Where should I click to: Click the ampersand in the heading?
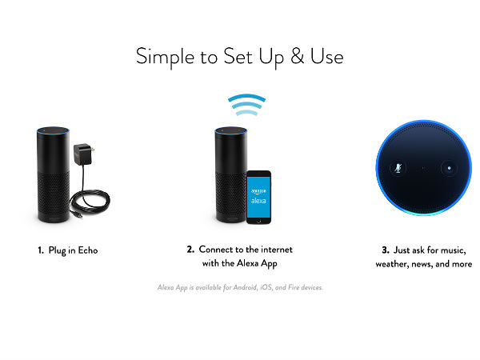point(298,56)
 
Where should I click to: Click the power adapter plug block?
point(83,154)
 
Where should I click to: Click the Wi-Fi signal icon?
point(246,105)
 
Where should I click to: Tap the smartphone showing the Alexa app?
point(258,197)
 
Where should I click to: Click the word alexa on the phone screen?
point(258,201)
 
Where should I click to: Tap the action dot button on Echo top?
point(449,168)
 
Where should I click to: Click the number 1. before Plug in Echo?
point(41,250)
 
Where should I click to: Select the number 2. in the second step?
point(190,249)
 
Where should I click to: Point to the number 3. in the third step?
point(386,250)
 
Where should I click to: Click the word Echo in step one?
point(88,250)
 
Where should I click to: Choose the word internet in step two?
point(277,250)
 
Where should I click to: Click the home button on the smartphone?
point(258,221)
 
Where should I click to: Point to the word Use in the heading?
point(327,56)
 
